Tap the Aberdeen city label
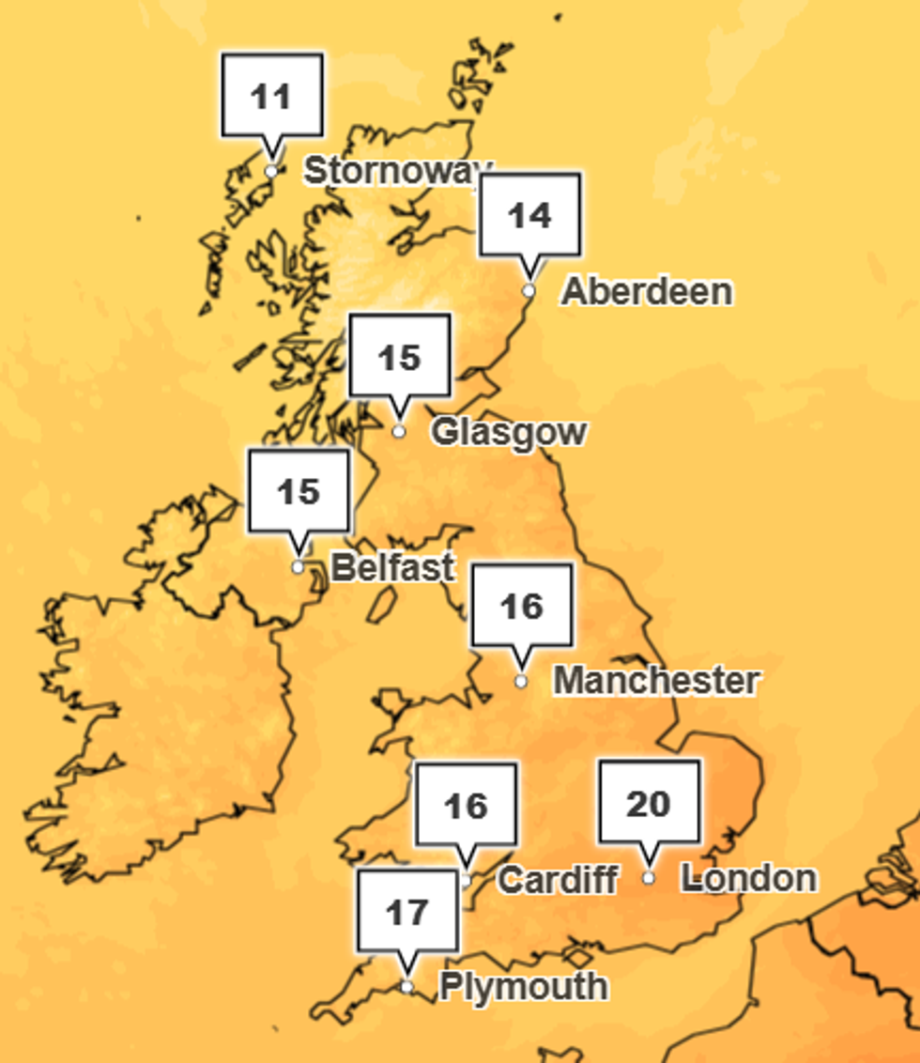tap(647, 291)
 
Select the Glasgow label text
tap(509, 432)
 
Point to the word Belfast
tap(392, 567)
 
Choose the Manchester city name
tap(656, 681)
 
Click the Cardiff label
tap(557, 880)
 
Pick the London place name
tap(749, 878)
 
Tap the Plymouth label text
tap(523, 987)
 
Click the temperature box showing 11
tap(272, 96)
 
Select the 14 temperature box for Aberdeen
tap(529, 215)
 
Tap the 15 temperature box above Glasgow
tap(399, 357)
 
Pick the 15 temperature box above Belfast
tap(299, 491)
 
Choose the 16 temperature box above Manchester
tap(521, 606)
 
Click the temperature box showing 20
tap(649, 803)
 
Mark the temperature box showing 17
tap(407, 911)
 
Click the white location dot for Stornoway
tap(271, 171)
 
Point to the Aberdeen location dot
tap(529, 291)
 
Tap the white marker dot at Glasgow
tap(399, 432)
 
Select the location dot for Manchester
tap(521, 681)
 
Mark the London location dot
tap(649, 878)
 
